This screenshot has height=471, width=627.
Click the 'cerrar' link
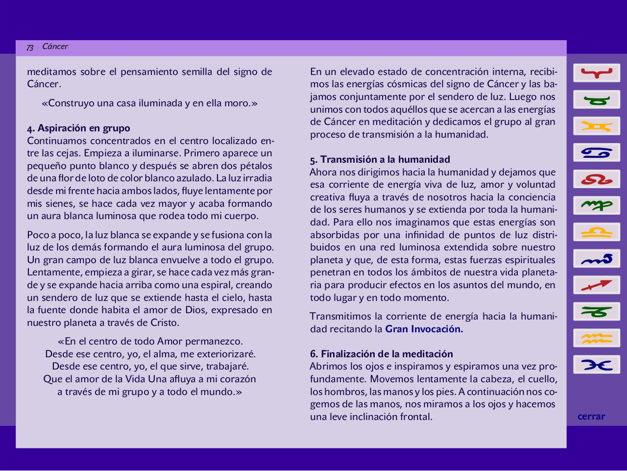point(591,417)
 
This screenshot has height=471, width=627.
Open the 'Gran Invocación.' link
point(424,329)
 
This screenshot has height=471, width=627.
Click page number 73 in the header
point(30,47)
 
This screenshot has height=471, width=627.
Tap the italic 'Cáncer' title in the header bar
point(55,47)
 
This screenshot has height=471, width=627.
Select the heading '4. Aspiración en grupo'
point(78,128)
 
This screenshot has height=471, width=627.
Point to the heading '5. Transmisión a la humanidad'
point(380,160)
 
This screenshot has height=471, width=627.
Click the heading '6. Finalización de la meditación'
point(381,354)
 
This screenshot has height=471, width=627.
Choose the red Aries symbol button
point(597,73)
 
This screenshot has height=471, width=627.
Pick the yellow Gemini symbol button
point(597,126)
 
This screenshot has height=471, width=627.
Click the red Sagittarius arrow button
point(597,285)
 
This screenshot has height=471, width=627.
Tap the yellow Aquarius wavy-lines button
point(597,338)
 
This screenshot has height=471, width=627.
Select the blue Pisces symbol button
point(597,364)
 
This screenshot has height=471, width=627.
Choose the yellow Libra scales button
point(597,232)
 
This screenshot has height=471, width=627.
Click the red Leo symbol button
point(597,179)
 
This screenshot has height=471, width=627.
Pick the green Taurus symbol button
point(597,99)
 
